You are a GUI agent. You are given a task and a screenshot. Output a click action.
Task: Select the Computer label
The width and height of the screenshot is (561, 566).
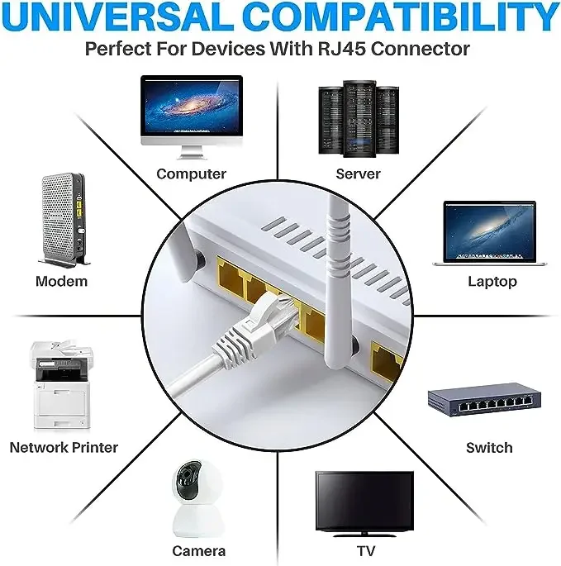click(x=191, y=174)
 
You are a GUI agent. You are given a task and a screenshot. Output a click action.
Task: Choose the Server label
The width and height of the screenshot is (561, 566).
click(x=358, y=174)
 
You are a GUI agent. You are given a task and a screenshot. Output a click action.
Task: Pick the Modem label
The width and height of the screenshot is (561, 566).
click(x=61, y=281)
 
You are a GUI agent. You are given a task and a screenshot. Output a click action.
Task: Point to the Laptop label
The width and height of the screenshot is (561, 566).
click(x=492, y=281)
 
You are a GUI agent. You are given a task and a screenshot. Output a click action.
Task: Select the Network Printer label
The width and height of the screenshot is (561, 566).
click(x=64, y=447)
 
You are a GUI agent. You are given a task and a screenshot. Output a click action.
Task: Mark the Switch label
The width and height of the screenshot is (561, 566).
click(x=489, y=447)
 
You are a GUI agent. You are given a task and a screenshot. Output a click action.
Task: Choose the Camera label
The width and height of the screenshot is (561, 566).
click(x=198, y=550)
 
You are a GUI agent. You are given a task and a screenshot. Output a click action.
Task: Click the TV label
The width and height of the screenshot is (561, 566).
click(x=364, y=550)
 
